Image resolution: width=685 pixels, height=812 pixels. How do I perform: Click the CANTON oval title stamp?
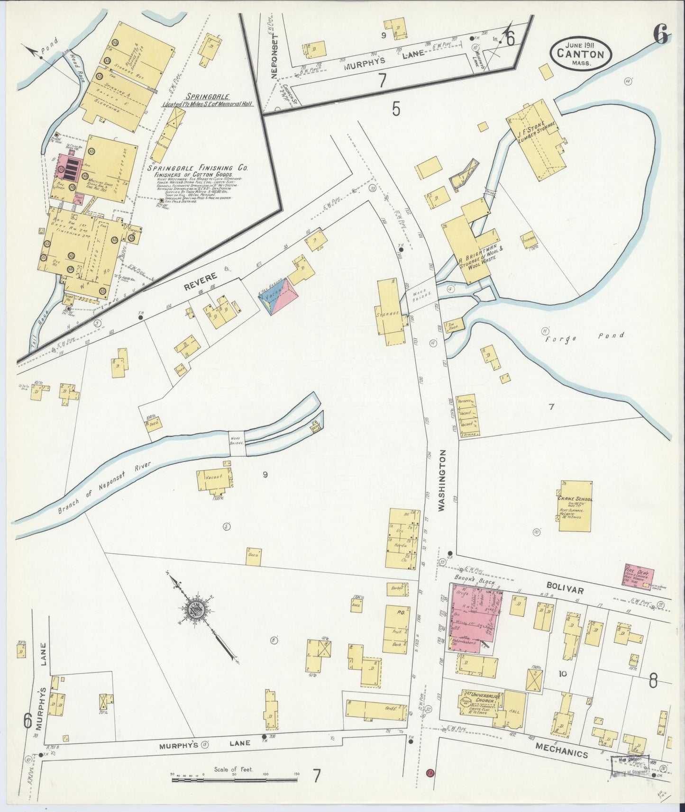click(x=581, y=54)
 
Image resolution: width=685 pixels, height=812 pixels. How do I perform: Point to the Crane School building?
click(x=575, y=506)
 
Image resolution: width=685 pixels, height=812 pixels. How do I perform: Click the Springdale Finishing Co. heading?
click(x=198, y=168)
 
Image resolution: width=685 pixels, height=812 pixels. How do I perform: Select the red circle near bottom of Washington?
click(x=430, y=785)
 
